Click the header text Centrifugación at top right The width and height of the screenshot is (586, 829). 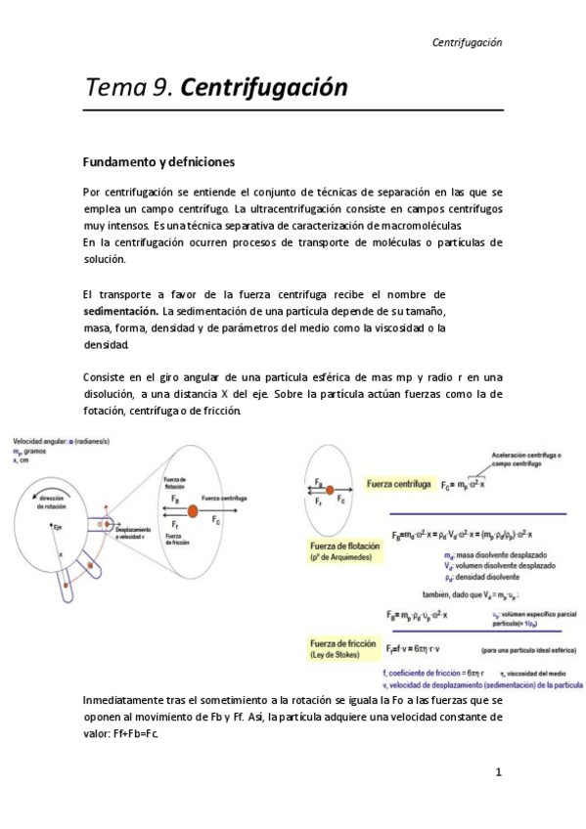coord(467,42)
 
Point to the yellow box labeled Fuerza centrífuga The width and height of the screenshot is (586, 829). coord(399,484)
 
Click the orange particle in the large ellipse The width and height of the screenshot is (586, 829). coord(193,511)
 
